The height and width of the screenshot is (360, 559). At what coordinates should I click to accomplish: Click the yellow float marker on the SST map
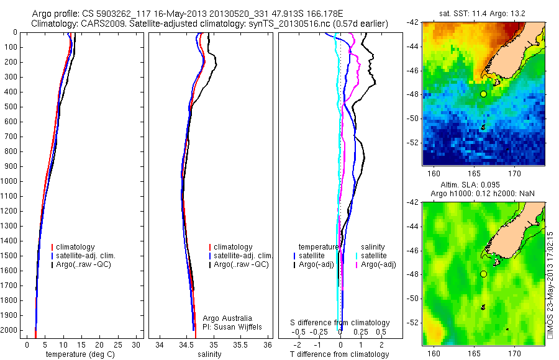coord(483,94)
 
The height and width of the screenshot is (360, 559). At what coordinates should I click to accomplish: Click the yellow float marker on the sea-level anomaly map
coord(483,274)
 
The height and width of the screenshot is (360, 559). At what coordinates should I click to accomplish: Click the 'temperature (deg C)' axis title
coord(81,354)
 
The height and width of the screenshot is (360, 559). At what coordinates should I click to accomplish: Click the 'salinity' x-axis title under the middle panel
coord(209,354)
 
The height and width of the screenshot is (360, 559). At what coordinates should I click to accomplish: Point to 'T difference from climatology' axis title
coord(340,354)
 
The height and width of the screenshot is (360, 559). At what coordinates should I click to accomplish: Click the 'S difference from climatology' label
coord(340,323)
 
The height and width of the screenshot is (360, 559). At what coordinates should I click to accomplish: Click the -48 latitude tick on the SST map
coord(413,94)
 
